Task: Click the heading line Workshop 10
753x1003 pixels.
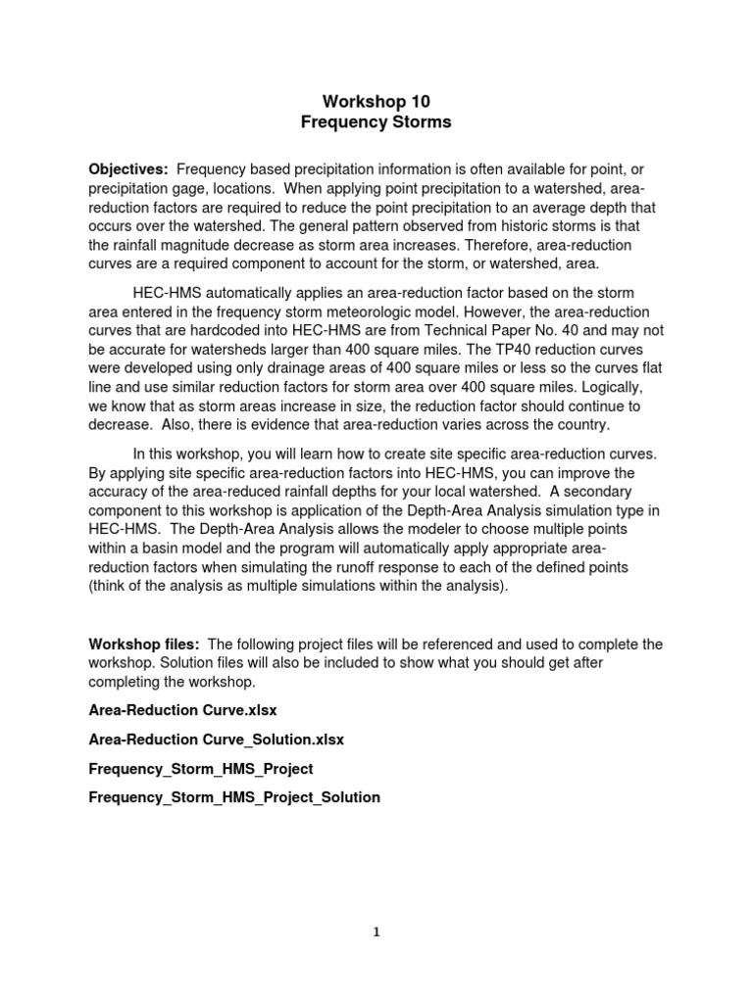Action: (x=376, y=101)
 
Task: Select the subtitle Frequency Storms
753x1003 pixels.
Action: (x=376, y=122)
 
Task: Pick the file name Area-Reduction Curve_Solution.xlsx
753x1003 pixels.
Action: (x=216, y=739)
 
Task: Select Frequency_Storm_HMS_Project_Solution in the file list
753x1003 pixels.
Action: (x=234, y=797)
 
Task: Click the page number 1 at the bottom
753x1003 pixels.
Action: (x=376, y=932)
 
